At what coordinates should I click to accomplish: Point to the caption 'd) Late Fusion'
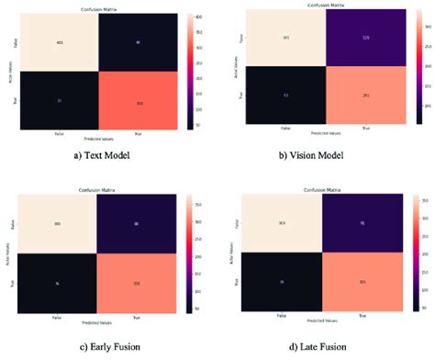325,346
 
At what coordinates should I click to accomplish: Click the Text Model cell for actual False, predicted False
59,42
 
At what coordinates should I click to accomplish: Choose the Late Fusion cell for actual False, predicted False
282,222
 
